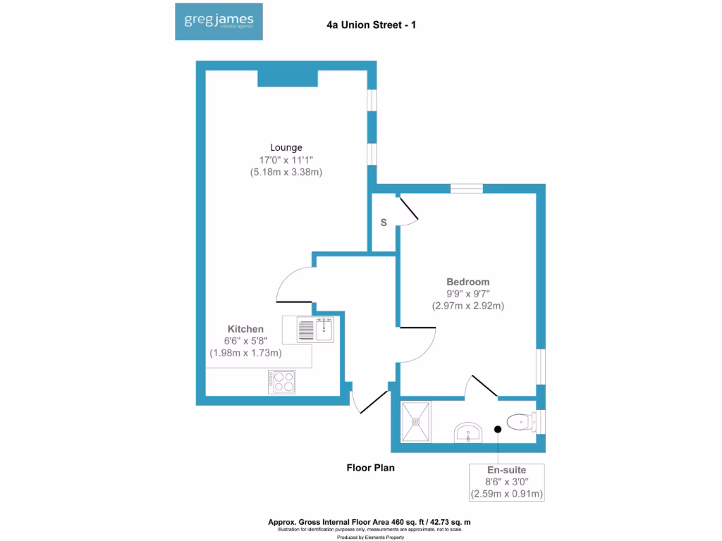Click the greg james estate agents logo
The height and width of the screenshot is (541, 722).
(219, 22)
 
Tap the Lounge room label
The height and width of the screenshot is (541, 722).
(286, 147)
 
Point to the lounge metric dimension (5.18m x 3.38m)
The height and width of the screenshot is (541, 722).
(286, 172)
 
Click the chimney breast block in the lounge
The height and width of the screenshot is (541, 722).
(287, 78)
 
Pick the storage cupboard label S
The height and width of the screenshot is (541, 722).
(384, 223)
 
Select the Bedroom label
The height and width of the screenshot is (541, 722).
(467, 282)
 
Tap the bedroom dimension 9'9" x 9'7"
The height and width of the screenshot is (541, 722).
(467, 294)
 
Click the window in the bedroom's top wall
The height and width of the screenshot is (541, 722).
(467, 188)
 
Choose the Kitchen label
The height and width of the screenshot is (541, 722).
(245, 329)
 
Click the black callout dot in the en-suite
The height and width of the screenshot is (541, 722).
(498, 428)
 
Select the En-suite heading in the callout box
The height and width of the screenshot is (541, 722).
(506, 469)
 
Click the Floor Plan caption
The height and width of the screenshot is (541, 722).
(370, 467)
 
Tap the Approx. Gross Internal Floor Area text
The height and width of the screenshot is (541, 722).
(369, 522)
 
